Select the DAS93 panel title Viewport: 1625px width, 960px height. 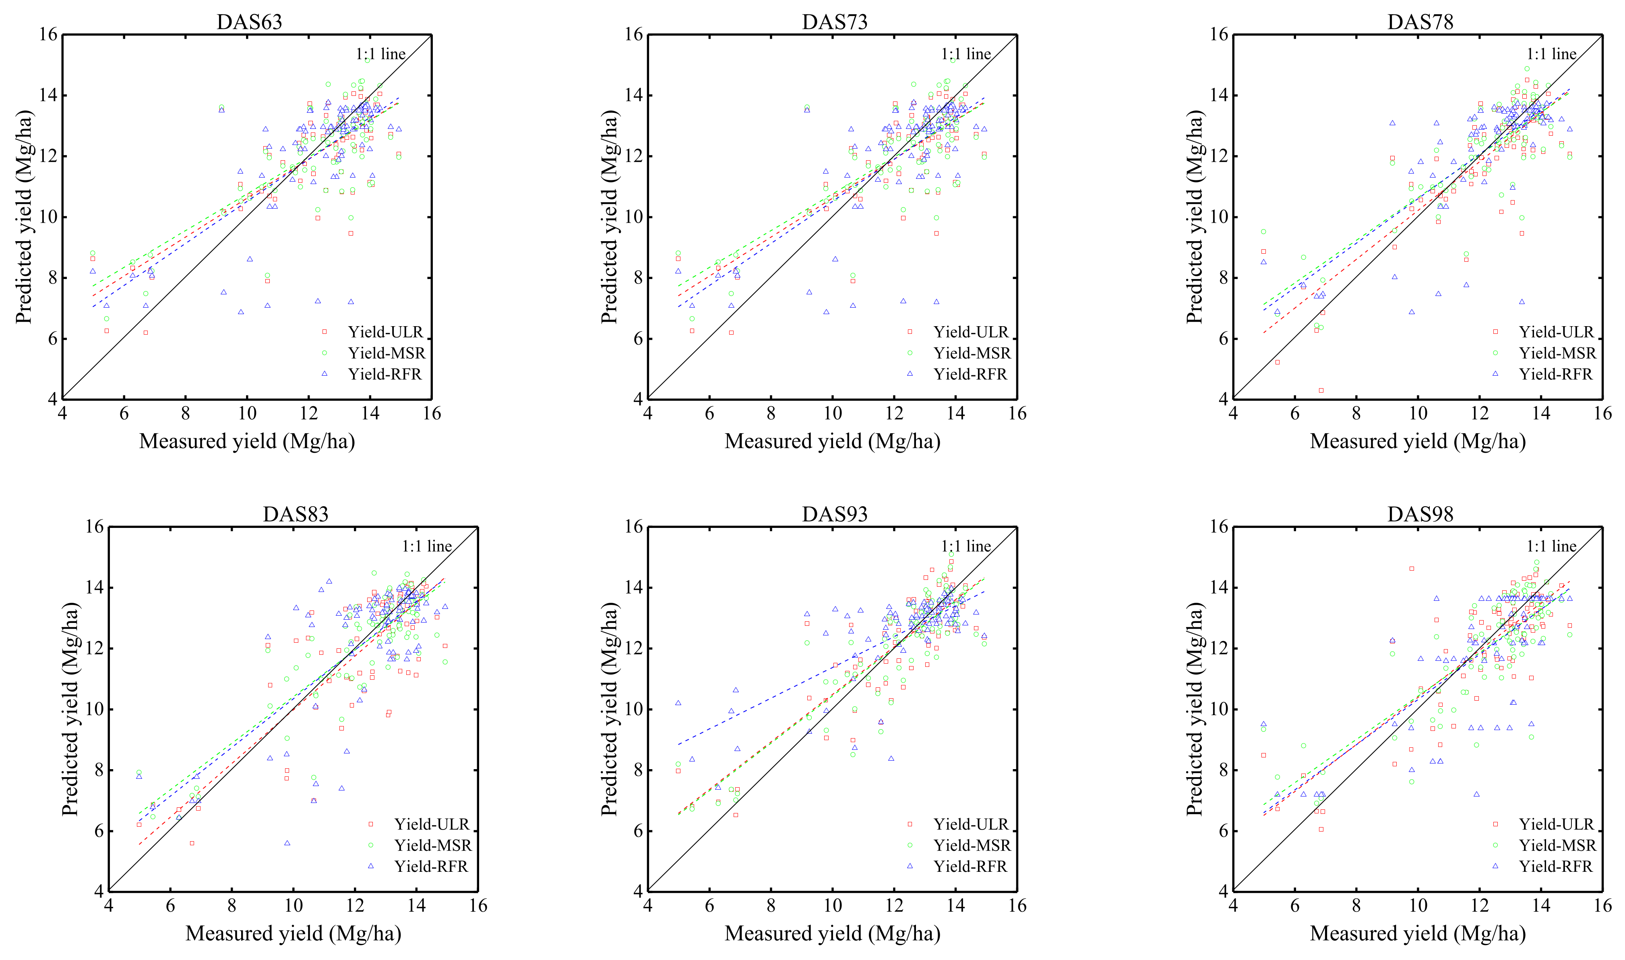click(x=834, y=514)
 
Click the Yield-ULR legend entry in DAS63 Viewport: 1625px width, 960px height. click(x=385, y=332)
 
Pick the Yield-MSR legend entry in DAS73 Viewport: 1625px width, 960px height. click(x=971, y=353)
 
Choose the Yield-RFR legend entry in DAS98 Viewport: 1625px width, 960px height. click(x=1555, y=866)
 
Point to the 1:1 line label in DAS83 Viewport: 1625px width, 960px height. click(x=427, y=546)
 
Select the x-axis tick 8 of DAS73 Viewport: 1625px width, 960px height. click(x=771, y=414)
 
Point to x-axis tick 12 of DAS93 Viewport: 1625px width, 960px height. click(x=894, y=906)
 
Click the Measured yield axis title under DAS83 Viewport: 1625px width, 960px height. click(x=293, y=933)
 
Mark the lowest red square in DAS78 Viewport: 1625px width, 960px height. click(x=1321, y=390)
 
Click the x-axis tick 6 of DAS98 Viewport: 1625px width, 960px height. click(x=1294, y=906)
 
